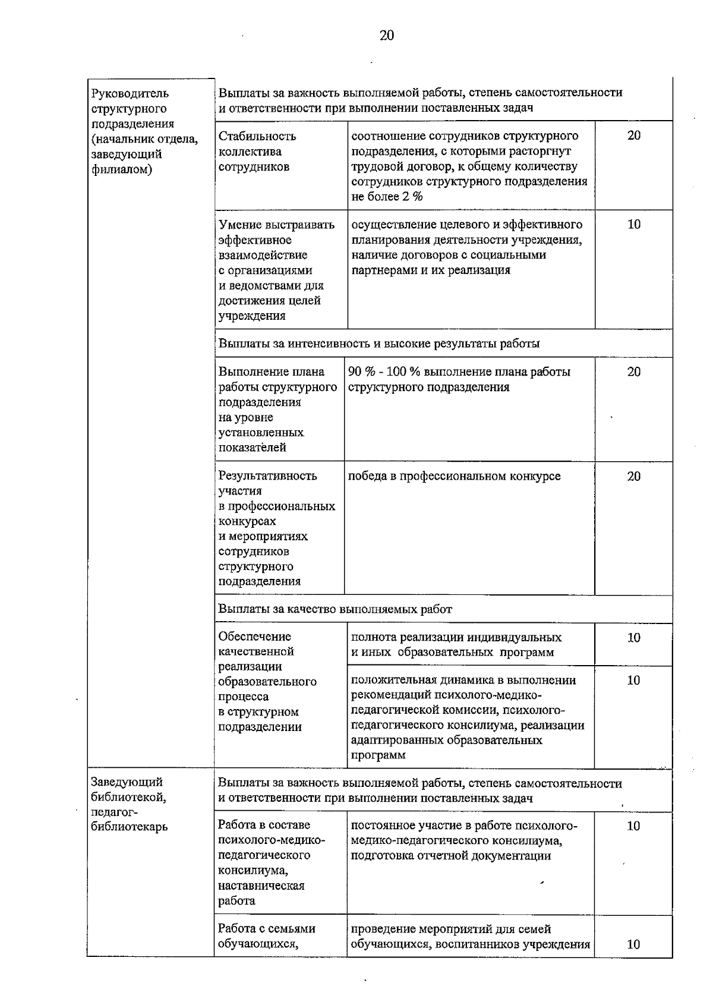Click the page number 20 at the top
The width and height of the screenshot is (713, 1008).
coord(386,36)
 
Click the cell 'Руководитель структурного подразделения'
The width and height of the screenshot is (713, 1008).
coord(144,131)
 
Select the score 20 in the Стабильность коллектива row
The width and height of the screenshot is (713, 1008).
coord(633,136)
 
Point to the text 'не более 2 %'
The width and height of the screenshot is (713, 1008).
coord(387,197)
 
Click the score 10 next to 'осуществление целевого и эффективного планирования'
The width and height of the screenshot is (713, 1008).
coord(633,225)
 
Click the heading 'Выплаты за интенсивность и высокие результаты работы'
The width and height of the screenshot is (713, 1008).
coord(379,344)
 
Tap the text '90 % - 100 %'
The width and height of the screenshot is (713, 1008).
coord(384,372)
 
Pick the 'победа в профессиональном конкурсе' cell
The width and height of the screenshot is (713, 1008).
coord(455,476)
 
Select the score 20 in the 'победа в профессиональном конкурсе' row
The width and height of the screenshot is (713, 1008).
coord(633,476)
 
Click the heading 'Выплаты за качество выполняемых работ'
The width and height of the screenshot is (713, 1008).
coord(335,609)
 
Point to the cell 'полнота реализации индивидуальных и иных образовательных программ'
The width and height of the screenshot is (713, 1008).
coord(456,645)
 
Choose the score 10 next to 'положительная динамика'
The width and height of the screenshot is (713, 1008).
coord(633,681)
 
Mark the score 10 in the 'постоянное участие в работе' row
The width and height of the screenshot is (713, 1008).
coord(633,826)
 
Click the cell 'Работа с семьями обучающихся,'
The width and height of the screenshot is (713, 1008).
coord(266,936)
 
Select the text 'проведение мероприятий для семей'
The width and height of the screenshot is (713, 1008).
coord(451,929)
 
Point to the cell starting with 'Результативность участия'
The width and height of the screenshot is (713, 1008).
coord(276,528)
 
